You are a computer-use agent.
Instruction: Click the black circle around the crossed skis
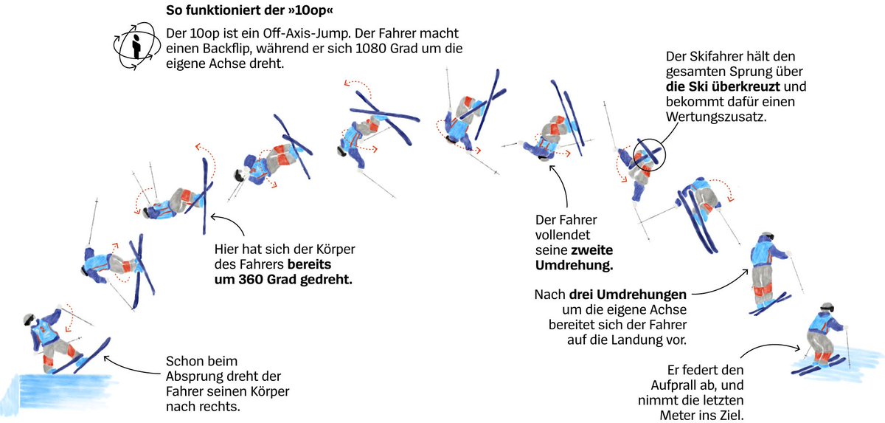point(649,155)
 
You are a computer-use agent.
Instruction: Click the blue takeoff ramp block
point(59,391)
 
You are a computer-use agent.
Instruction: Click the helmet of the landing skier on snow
point(827,306)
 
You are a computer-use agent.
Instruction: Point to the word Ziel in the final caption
point(732,416)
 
